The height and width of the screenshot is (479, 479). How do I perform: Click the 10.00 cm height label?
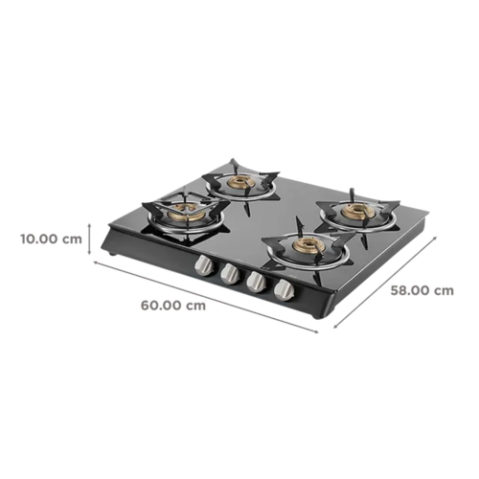[51, 239]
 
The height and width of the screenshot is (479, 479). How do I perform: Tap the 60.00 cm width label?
[173, 306]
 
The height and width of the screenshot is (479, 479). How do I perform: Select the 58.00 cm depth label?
[422, 290]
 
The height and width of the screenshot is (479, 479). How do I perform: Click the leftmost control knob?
[203, 265]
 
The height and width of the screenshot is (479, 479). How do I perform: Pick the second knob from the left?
[230, 274]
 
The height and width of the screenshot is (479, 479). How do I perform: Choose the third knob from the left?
[257, 282]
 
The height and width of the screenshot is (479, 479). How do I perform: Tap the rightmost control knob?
[285, 290]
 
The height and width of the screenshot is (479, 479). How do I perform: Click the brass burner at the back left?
[240, 182]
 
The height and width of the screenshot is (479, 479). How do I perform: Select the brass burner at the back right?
[356, 211]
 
